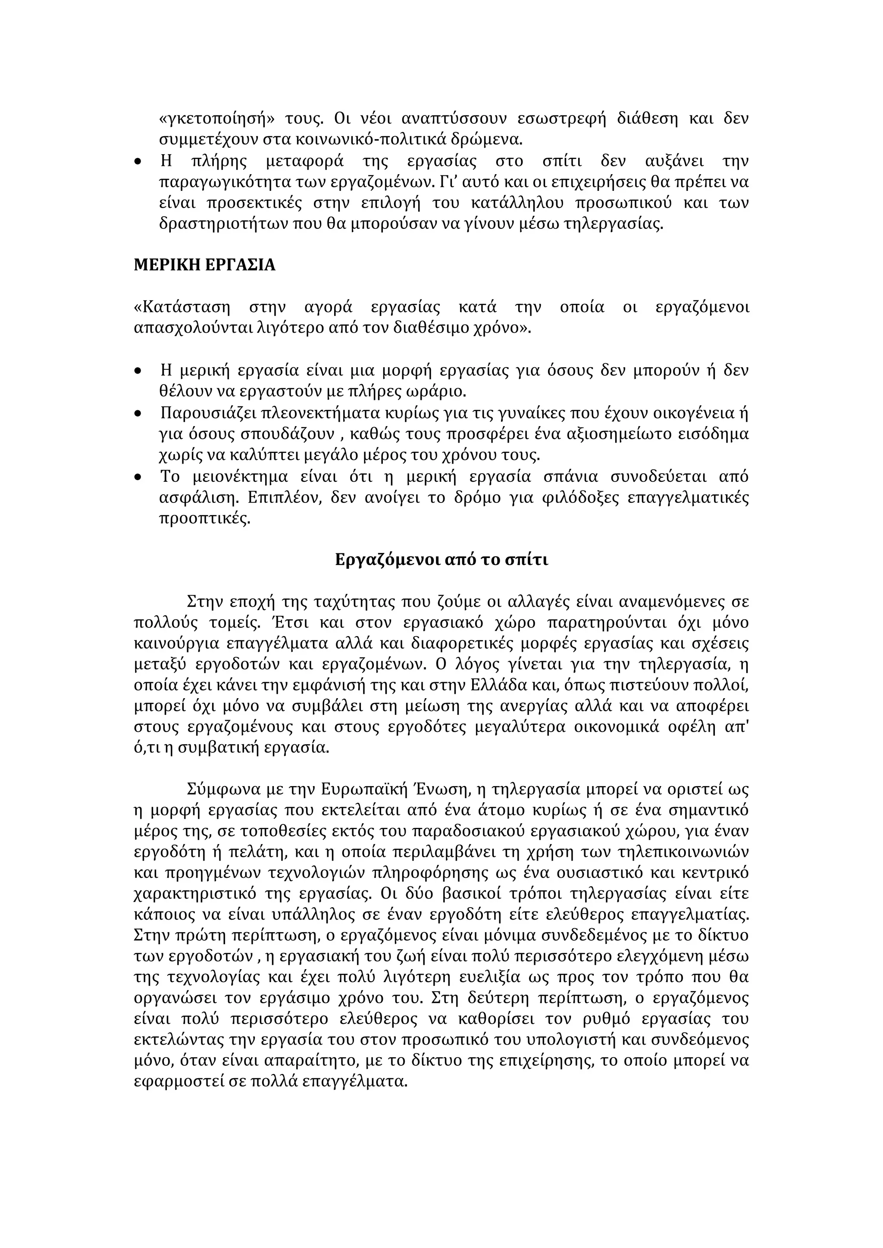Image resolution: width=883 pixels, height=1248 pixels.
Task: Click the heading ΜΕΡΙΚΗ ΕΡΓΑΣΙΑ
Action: click(x=204, y=265)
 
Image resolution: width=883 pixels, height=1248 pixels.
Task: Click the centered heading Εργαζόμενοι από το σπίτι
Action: click(x=441, y=560)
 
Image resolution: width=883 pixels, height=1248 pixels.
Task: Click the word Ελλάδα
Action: click(x=488, y=686)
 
